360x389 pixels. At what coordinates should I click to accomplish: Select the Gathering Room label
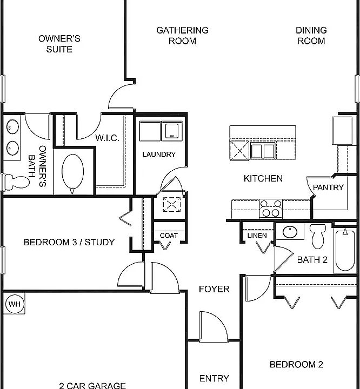(x=182, y=36)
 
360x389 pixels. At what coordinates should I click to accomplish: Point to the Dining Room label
(x=311, y=36)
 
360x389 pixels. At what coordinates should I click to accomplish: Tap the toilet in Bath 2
(x=318, y=236)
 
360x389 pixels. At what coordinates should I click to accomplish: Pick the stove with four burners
(x=271, y=208)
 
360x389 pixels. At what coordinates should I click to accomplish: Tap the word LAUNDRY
(x=159, y=155)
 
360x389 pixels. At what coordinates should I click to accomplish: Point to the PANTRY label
(x=328, y=188)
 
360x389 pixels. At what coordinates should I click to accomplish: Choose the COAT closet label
(x=169, y=236)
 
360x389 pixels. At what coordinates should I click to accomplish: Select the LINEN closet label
(x=257, y=236)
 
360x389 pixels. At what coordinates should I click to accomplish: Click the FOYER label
(x=214, y=289)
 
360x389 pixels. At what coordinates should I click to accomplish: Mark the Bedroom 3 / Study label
(x=69, y=242)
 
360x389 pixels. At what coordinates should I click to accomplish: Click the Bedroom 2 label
(x=296, y=365)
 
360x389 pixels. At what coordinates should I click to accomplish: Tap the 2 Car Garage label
(x=92, y=385)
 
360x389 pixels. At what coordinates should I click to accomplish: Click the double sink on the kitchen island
(x=263, y=150)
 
